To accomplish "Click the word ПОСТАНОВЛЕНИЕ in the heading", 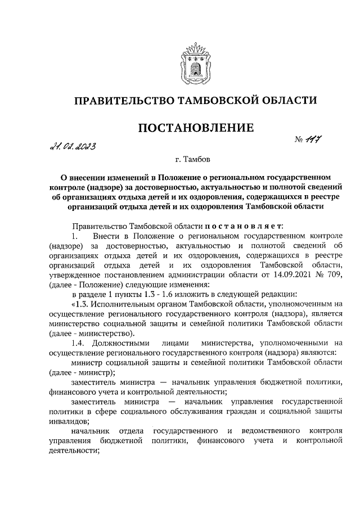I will [x=195, y=128].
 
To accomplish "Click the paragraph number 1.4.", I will [x=79, y=343].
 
